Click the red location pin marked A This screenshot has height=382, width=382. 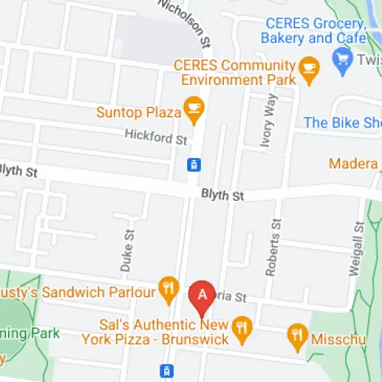click(202, 296)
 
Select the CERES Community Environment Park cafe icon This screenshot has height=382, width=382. click(309, 69)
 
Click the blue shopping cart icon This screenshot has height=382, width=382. click(341, 58)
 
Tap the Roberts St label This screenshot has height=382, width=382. click(273, 245)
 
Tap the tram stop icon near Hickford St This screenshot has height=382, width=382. click(194, 163)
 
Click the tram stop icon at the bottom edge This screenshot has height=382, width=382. click(166, 371)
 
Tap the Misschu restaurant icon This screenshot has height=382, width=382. click(296, 334)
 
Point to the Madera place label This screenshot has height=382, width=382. click(354, 163)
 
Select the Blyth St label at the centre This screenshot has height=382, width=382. click(222, 196)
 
